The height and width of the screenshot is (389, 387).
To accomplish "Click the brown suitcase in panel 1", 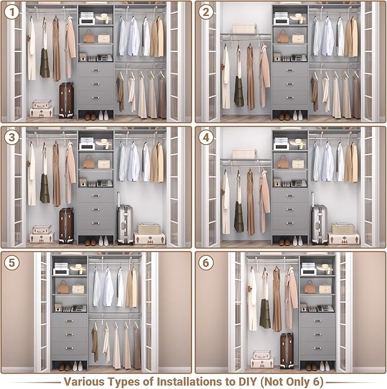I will click(66, 100).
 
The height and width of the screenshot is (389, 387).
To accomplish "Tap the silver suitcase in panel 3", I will click(125, 224).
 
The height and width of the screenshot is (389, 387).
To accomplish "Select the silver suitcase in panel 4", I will click(319, 224).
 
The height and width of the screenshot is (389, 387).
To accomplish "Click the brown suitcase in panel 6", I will click(287, 350).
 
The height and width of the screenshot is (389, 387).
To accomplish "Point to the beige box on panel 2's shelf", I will click(244, 28).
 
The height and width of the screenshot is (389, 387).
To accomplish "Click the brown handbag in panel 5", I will click(63, 288).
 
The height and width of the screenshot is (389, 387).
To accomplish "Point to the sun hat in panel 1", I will click(103, 18).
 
